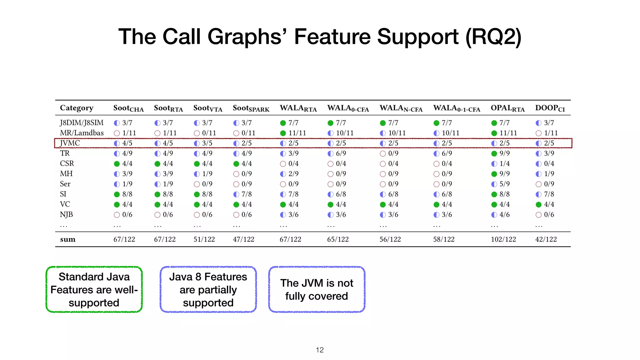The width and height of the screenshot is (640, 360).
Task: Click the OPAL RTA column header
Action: coord(507,108)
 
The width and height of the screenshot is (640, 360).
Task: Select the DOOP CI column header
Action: coord(550,108)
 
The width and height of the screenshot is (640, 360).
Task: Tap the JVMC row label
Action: coord(70,143)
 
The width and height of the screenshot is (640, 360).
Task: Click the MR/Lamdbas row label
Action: coord(82,133)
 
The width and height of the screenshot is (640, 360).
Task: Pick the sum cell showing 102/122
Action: coord(503,239)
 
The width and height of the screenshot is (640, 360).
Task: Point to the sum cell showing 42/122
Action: coord(546,239)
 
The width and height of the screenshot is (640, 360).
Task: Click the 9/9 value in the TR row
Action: coord(504,153)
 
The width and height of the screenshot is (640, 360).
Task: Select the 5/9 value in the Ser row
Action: coord(504,184)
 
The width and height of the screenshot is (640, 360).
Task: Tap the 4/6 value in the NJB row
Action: coord(504,215)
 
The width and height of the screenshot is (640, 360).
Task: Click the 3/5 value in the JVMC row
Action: coord(207,143)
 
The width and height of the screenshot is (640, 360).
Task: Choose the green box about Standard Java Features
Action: coord(94,289)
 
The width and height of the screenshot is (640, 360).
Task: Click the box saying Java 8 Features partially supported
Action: coord(208,289)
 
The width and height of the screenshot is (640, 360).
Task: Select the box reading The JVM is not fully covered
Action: coord(317,289)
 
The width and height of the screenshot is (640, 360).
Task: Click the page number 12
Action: coord(320,350)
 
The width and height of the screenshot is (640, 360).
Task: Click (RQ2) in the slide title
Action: coord(493,37)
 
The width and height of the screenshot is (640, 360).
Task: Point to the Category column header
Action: coord(77,108)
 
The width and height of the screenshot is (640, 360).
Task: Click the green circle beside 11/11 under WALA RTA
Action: coord(283,133)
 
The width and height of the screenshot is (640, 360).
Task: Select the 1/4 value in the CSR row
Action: coord(504,164)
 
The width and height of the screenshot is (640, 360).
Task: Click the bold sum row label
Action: coord(67,239)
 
